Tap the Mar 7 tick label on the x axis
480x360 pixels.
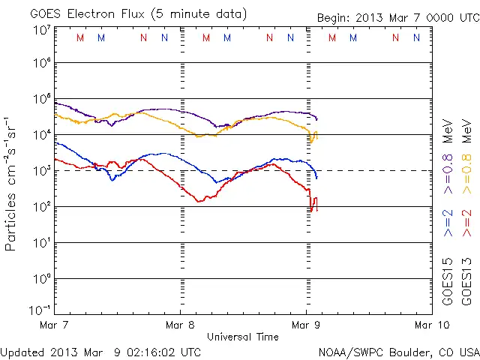(55, 325)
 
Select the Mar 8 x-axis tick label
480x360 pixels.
(180, 325)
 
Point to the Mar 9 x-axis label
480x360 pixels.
(305, 325)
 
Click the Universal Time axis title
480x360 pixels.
(243, 337)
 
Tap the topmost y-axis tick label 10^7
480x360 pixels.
(41, 30)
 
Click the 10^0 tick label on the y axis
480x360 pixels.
(41, 278)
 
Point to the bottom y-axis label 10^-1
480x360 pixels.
(41, 309)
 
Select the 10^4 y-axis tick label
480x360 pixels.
(41, 134)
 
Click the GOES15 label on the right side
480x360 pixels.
(448, 283)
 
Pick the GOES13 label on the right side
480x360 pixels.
(466, 283)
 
